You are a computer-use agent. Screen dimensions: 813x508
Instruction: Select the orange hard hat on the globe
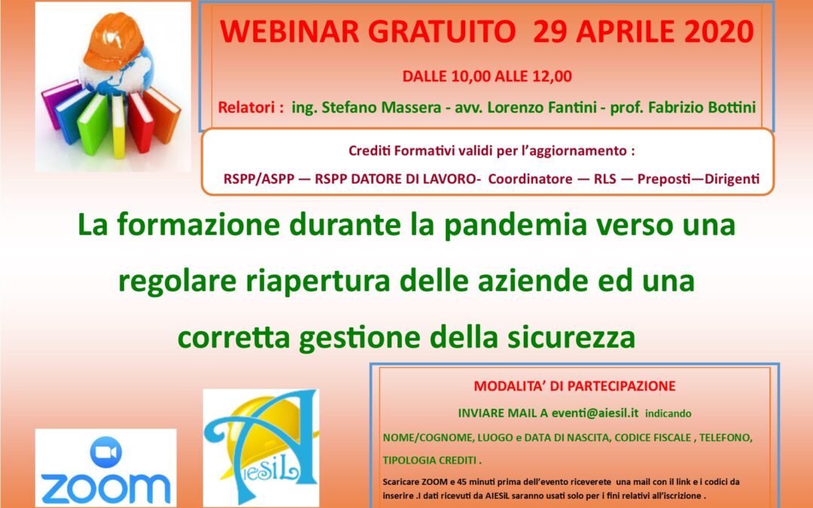pos(114,41)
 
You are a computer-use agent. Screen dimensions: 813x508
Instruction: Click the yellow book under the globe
pos(118,126)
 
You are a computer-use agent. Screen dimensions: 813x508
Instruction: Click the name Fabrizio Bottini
pos(702,108)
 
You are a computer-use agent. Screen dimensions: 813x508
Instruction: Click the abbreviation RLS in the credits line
pos(605,179)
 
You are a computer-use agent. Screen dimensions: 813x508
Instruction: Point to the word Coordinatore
pos(530,179)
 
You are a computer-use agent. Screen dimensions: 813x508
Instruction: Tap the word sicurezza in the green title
pos(571,337)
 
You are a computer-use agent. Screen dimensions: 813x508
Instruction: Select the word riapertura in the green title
pos(318,281)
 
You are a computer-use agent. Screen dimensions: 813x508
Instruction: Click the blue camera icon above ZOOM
pos(106,452)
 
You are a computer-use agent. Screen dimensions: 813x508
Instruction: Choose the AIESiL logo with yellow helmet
pos(260,448)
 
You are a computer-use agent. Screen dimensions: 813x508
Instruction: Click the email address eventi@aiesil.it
pos(595,413)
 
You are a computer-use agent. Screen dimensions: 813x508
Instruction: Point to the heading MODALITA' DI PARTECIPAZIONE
pos(574,386)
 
